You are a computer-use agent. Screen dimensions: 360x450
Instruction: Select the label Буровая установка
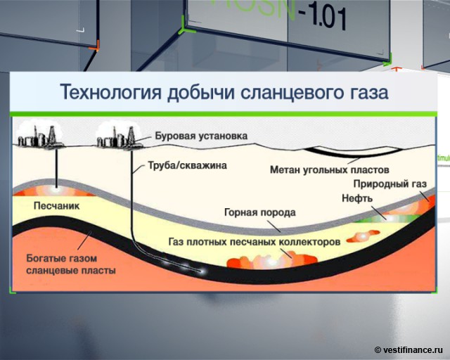click(x=200, y=136)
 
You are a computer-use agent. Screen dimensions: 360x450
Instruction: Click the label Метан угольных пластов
click(x=329, y=170)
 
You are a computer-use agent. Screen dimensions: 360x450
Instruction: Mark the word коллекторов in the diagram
click(x=306, y=240)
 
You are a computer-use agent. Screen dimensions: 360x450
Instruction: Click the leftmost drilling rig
click(x=39, y=136)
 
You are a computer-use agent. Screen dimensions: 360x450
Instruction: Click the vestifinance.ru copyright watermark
click(x=409, y=349)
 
